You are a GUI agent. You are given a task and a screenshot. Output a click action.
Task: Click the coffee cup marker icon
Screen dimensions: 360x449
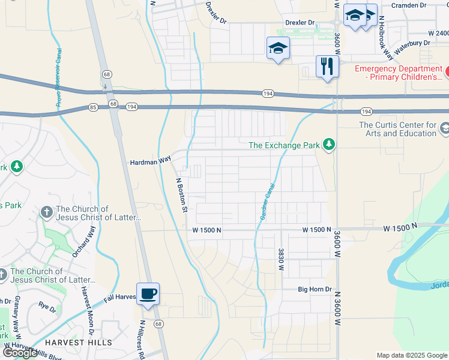tap(148, 294)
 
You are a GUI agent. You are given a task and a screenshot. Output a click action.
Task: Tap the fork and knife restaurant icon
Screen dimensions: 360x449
tap(327, 67)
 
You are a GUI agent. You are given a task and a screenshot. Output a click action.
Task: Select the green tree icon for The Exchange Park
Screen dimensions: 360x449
tap(328, 145)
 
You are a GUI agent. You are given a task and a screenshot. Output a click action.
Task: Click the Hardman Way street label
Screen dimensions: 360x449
tap(151, 161)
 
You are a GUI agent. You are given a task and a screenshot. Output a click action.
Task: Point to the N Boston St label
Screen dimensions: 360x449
tap(182, 195)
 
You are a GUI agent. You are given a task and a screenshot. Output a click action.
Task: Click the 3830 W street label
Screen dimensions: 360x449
tap(280, 260)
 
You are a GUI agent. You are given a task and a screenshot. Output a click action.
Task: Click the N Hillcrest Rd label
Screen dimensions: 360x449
tap(142, 339)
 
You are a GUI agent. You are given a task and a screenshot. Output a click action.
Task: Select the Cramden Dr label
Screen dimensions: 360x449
tap(408, 5)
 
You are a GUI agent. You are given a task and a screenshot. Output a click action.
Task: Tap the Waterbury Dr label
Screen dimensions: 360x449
tap(411, 43)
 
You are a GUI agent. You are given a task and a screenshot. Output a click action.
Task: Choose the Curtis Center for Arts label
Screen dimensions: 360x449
tap(397, 129)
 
